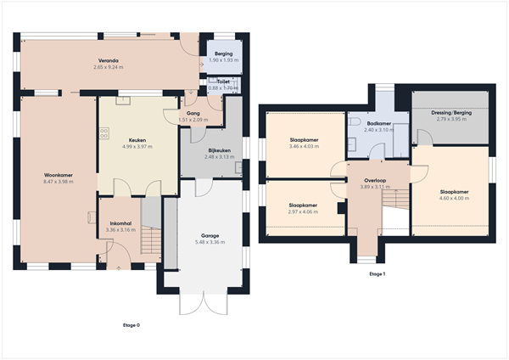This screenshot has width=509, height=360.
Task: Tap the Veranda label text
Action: pyautogui.click(x=108, y=61)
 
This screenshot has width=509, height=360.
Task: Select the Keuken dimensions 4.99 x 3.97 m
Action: pyautogui.click(x=137, y=147)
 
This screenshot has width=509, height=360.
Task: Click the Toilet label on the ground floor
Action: pyautogui.click(x=223, y=82)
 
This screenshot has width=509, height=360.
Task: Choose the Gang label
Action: pyautogui.click(x=193, y=113)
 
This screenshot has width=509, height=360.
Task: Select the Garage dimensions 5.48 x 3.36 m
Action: pyautogui.click(x=210, y=242)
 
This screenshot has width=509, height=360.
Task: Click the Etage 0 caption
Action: pyautogui.click(x=131, y=324)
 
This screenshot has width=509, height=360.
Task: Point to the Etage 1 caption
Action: pyautogui.click(x=378, y=274)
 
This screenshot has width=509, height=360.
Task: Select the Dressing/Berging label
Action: pyautogui.click(x=451, y=113)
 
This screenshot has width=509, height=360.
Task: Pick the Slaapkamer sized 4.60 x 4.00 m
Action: pyautogui.click(x=454, y=192)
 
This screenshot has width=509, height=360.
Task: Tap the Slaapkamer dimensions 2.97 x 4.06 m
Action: pyautogui.click(x=303, y=211)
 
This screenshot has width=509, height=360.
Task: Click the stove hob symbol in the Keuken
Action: pyautogui.click(x=105, y=132)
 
